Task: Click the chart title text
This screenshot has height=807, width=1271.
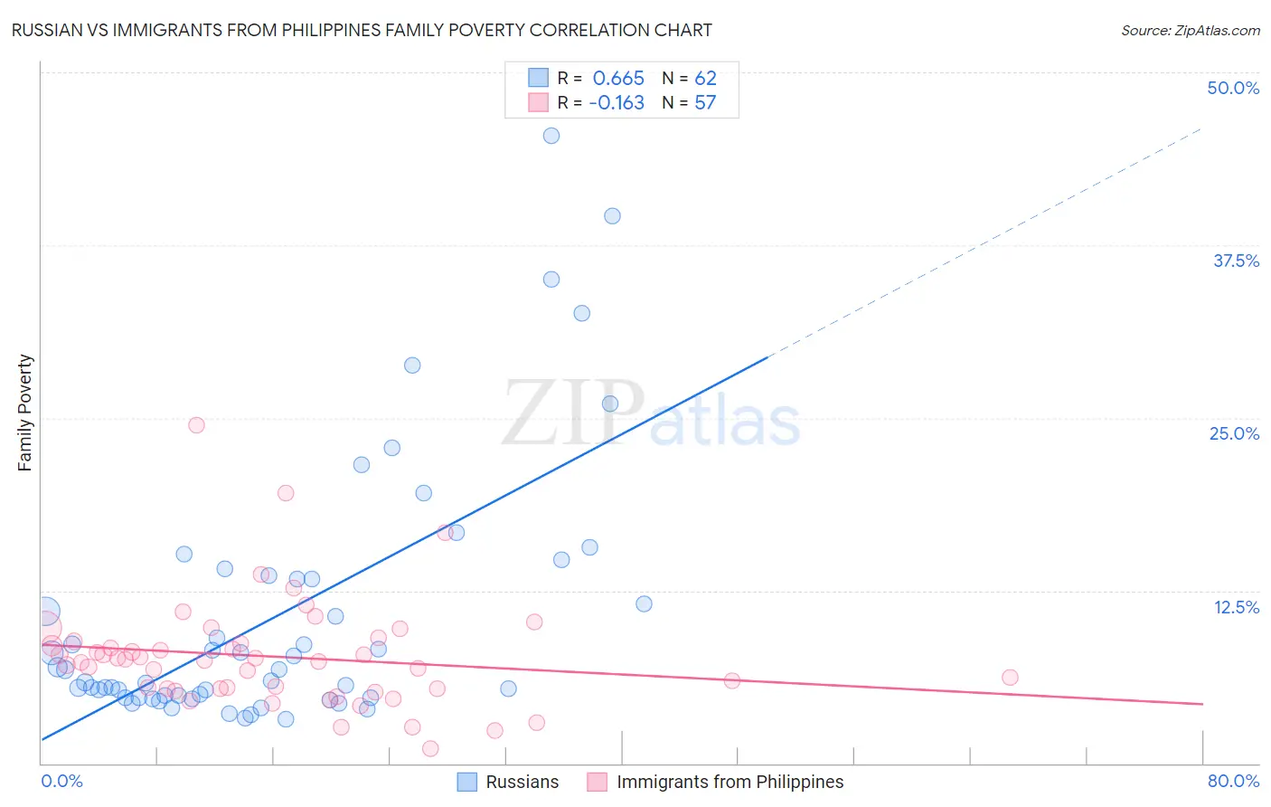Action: point(362,30)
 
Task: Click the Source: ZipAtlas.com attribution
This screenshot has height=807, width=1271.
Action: point(1190,30)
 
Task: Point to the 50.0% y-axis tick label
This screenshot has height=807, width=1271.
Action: point(1233,88)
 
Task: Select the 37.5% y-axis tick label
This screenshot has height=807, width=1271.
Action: point(1236,261)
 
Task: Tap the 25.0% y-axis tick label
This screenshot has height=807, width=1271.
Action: point(1234,433)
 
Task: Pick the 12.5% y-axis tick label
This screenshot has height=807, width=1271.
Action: point(1236,607)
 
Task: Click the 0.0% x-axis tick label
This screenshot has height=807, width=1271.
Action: point(61,781)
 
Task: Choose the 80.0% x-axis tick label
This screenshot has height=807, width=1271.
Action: point(1233,781)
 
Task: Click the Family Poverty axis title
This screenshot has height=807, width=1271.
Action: point(24,413)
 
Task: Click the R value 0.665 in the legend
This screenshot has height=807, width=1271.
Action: point(618,79)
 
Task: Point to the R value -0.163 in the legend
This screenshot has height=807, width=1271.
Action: point(617,103)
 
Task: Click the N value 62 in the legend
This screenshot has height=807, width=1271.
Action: point(705,79)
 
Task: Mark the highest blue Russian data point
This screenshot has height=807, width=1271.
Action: point(551,136)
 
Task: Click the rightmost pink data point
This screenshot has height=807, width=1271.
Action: point(1010,678)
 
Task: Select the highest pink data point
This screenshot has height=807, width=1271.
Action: point(196,425)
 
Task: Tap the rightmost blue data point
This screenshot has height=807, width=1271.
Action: point(644,603)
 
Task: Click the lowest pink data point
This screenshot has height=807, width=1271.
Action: point(430,748)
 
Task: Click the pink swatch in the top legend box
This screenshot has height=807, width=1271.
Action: point(539,103)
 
